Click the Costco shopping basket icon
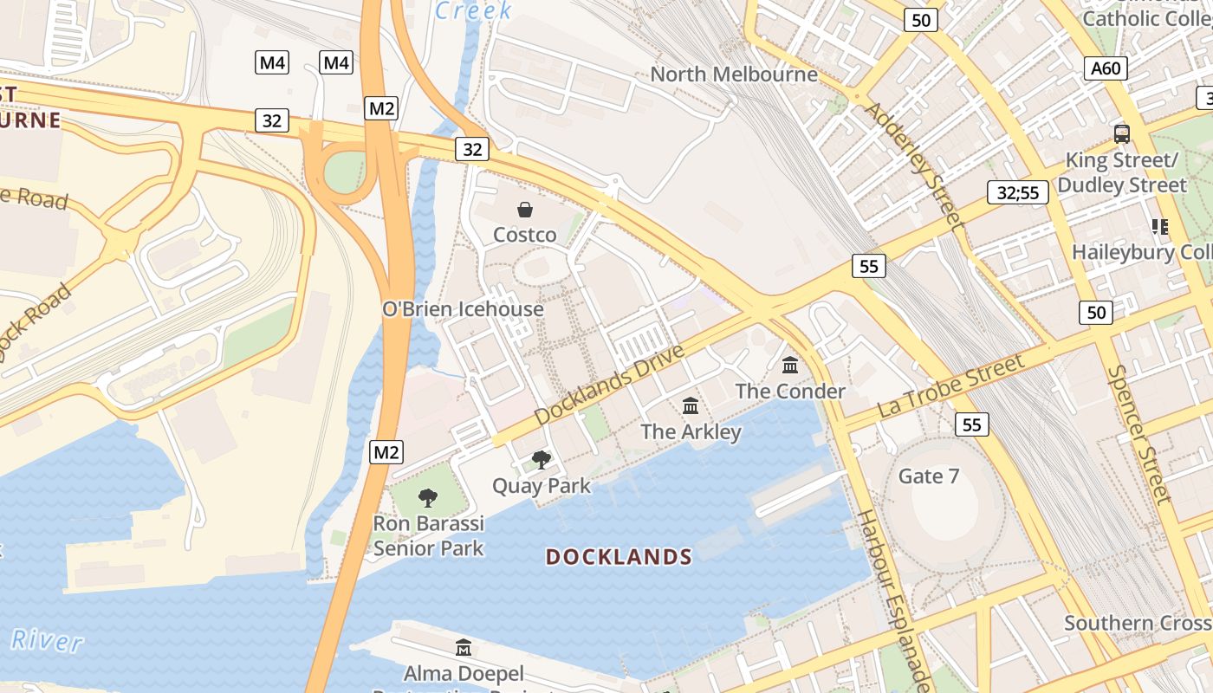click(x=525, y=209)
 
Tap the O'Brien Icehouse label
click(x=463, y=309)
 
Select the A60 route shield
click(x=1106, y=68)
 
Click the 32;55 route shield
click(x=1017, y=192)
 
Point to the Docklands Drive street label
click(x=609, y=384)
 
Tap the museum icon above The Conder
click(x=790, y=365)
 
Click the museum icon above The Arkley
click(x=691, y=405)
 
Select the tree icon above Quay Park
click(x=542, y=459)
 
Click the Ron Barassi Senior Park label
click(x=428, y=535)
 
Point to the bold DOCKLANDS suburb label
click(x=619, y=557)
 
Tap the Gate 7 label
click(x=929, y=476)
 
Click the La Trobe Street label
click(x=951, y=385)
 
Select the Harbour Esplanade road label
click(x=893, y=597)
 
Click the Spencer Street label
click(x=1138, y=434)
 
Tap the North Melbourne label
click(x=734, y=74)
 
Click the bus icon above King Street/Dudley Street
click(x=1122, y=134)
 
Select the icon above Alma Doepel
click(x=464, y=647)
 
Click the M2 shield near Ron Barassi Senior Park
click(x=386, y=451)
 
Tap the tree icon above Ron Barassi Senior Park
click(x=427, y=497)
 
